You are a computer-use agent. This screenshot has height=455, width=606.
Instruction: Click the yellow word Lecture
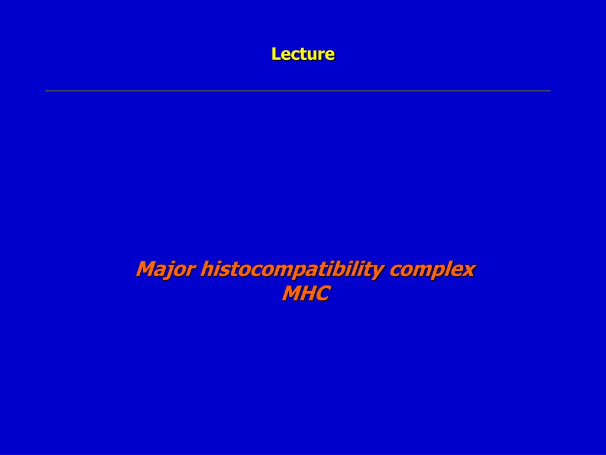pyautogui.click(x=303, y=54)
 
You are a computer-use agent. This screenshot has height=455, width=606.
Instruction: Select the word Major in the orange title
pyautogui.click(x=166, y=270)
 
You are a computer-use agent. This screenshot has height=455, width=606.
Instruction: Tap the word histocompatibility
pyautogui.click(x=292, y=270)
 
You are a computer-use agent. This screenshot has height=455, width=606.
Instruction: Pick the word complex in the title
pyautogui.click(x=432, y=270)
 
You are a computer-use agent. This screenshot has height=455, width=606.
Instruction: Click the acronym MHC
pyautogui.click(x=306, y=293)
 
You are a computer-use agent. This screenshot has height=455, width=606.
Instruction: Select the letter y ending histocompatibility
pyautogui.click(x=377, y=273)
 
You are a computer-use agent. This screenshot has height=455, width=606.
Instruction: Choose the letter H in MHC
pyautogui.click(x=308, y=293)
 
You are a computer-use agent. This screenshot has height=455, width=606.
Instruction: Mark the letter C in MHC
pyautogui.click(x=323, y=293)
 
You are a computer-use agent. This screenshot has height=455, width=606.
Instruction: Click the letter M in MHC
pyautogui.click(x=291, y=293)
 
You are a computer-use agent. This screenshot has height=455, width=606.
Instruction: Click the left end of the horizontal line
pyautogui.click(x=46, y=91)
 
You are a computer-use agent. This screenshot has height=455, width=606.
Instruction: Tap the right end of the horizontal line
pyautogui.click(x=550, y=91)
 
